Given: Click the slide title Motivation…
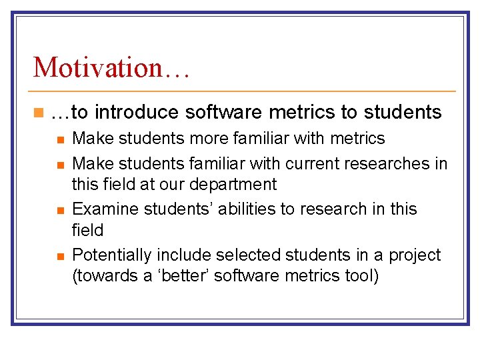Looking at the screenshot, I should point(111,67).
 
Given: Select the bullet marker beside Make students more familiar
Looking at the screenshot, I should point(60,139).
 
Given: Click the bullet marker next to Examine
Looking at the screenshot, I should point(60,210).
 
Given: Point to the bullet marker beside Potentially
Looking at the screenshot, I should point(60,256).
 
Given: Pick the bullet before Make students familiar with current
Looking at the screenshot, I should point(60,164).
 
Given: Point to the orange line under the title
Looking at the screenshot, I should point(243,91).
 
